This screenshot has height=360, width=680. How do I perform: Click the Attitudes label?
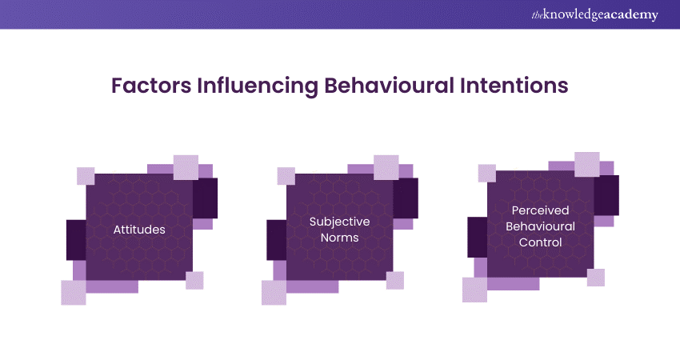tap(139, 230)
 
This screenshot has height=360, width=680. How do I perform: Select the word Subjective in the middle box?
tap(339, 221)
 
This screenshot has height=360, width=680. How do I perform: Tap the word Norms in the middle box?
tap(339, 238)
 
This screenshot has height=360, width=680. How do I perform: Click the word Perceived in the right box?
tap(540, 210)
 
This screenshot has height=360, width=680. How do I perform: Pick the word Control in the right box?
tap(540, 242)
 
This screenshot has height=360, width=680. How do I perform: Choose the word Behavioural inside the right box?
tap(540, 226)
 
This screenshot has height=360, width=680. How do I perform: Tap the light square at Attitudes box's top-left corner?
tap(86, 176)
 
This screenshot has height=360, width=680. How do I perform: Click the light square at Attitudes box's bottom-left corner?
tap(74, 293)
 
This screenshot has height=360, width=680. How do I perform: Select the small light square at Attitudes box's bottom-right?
tap(194, 280)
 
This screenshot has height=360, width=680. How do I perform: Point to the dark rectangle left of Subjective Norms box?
tap(276, 240)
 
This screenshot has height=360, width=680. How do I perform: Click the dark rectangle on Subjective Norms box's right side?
tap(406, 198)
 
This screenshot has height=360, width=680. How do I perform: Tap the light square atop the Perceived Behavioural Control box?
tap(587, 164)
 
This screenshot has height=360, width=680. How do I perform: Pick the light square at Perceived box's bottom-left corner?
tap(474, 290)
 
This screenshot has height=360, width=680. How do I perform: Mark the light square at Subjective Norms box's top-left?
tap(286, 176)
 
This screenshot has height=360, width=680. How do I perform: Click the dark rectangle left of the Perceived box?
tap(478, 237)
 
